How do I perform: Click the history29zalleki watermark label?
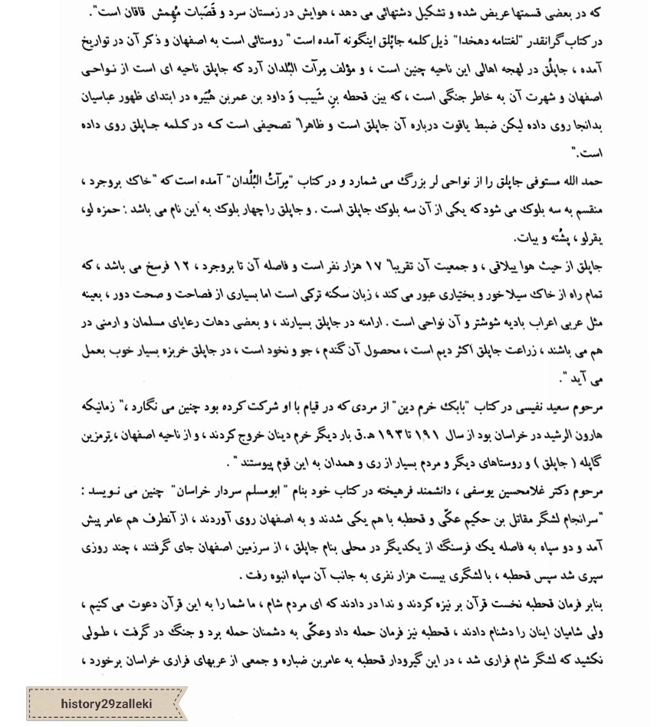(106, 704)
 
